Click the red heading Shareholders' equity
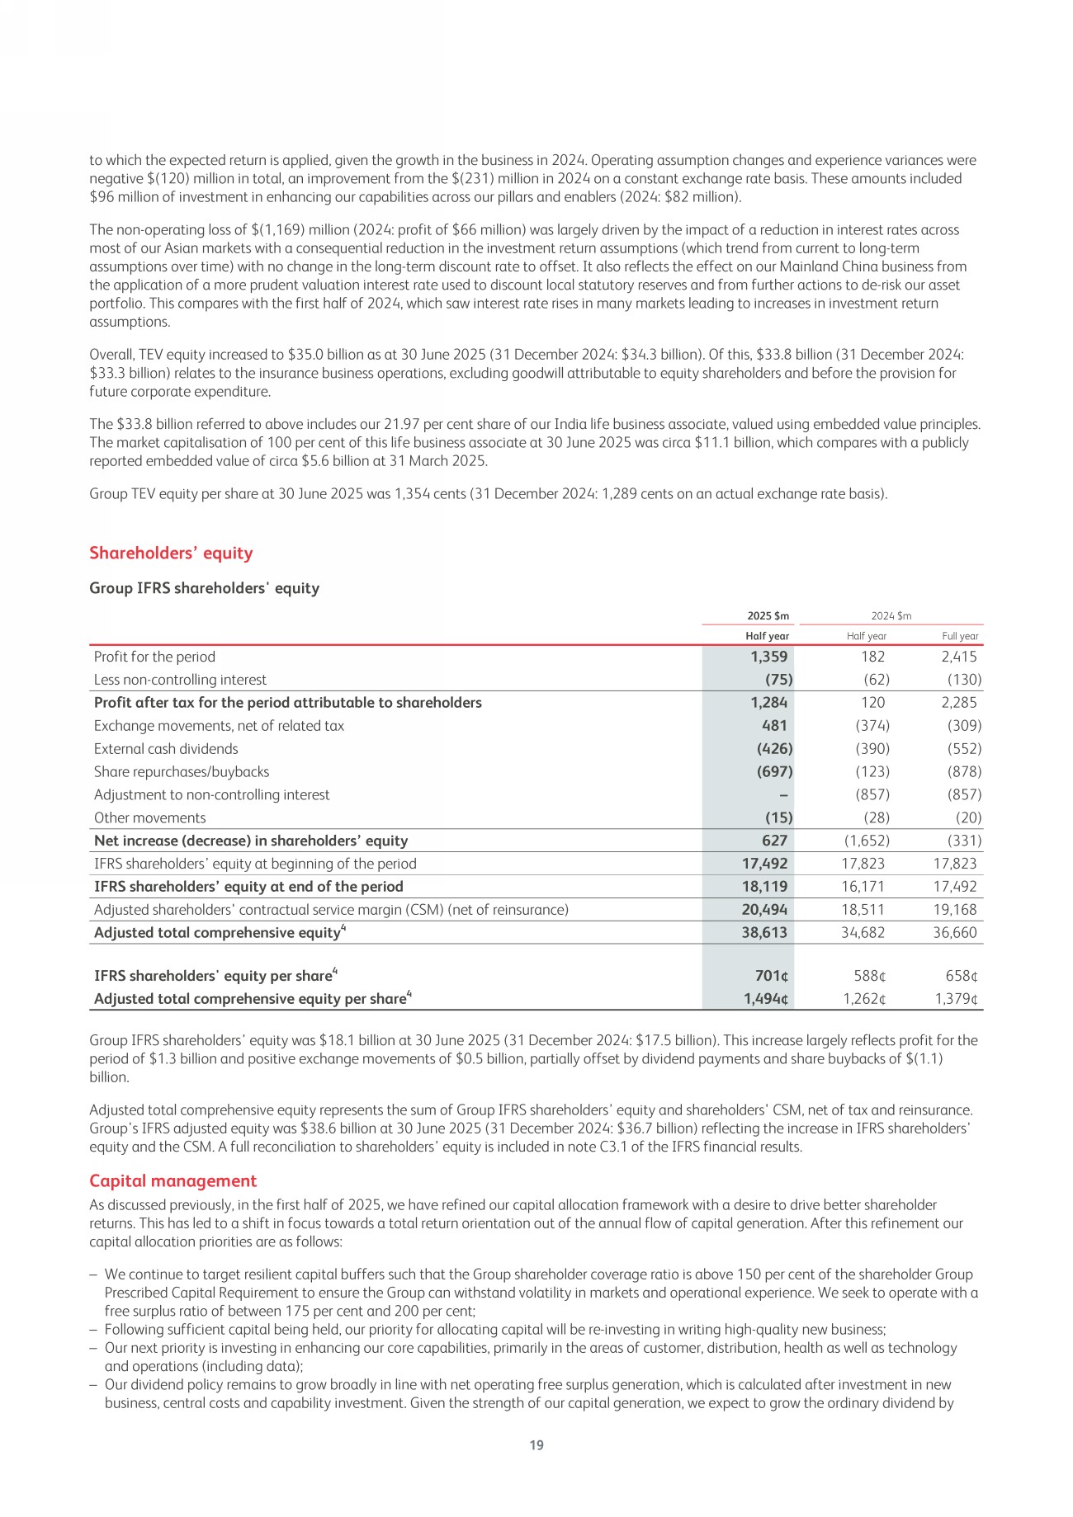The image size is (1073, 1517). [x=171, y=554]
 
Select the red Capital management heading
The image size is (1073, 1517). [x=173, y=1180]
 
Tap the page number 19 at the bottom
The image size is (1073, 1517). [x=536, y=1445]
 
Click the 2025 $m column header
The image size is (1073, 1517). [x=768, y=616]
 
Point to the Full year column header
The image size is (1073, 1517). [x=960, y=636]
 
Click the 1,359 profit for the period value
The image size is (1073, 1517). [x=768, y=657]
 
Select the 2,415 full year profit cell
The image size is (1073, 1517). [x=958, y=657]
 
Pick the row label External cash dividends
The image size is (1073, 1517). [x=166, y=749]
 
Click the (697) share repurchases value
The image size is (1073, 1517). [x=774, y=772]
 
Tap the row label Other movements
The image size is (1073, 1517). [x=150, y=818]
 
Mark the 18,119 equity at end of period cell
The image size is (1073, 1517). [x=765, y=887]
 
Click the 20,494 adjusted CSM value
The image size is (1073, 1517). [x=765, y=910]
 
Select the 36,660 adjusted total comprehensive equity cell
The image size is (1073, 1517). [x=955, y=933]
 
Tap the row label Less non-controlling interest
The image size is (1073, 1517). [x=180, y=680]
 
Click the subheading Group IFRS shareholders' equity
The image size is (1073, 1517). [x=204, y=588]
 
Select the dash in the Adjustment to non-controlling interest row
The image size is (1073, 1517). [x=782, y=795]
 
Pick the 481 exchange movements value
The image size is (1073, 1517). [x=774, y=726]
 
